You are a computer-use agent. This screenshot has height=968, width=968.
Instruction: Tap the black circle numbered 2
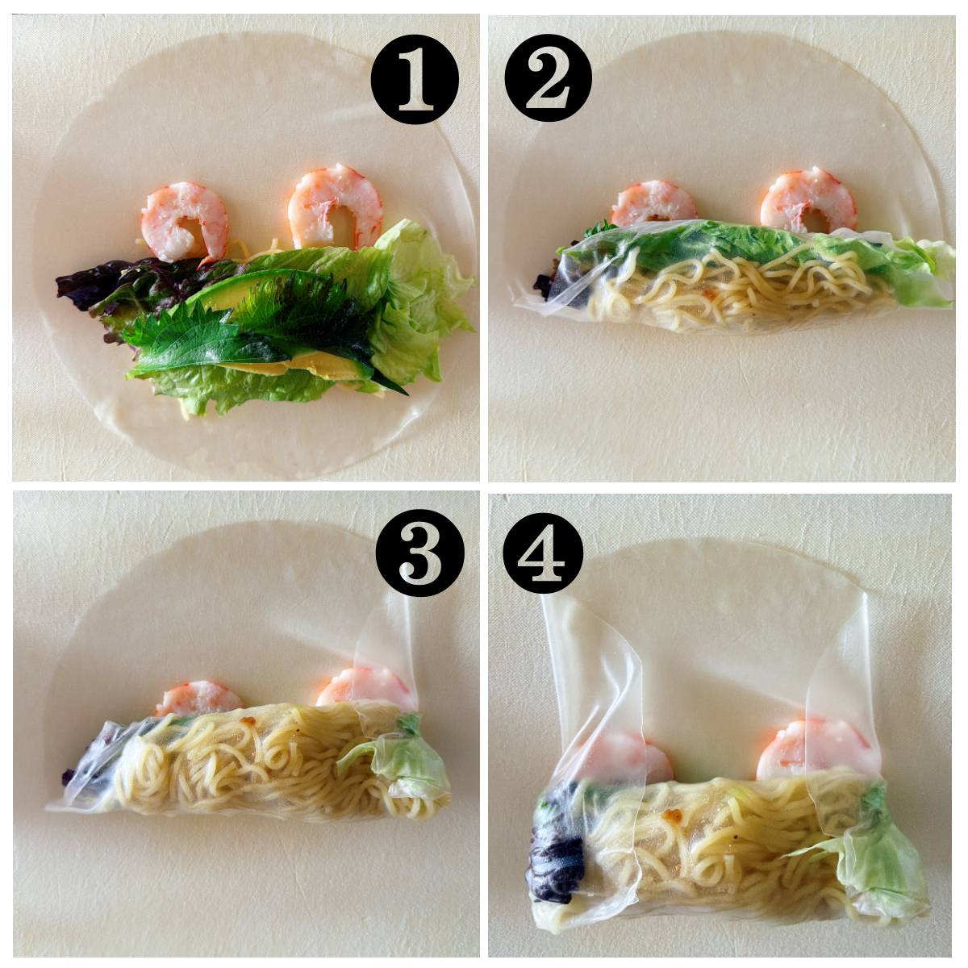pyautogui.click(x=549, y=79)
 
